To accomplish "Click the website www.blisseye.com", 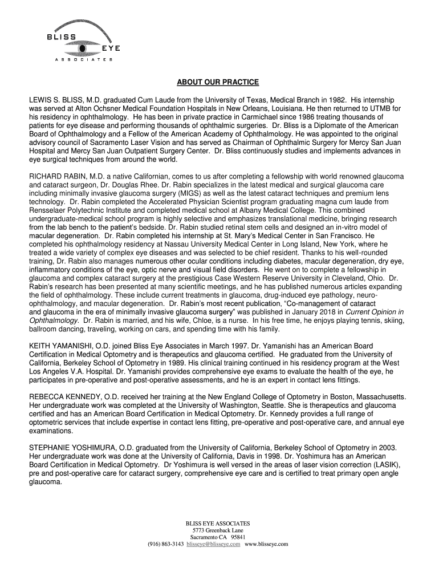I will (266, 544).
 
